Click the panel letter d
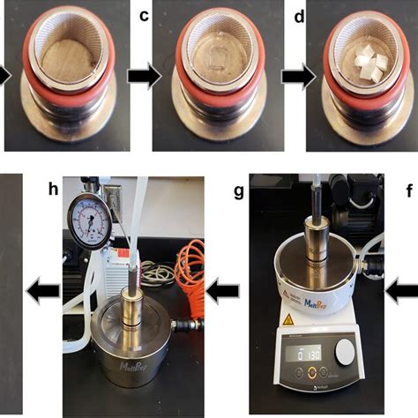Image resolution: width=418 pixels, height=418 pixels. pyautogui.click(x=299, y=15)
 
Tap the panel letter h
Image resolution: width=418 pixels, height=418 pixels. pyautogui.click(x=52, y=187)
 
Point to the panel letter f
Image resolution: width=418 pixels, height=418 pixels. pyautogui.click(x=407, y=188)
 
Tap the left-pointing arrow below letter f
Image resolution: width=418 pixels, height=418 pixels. pyautogui.click(x=404, y=287)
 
